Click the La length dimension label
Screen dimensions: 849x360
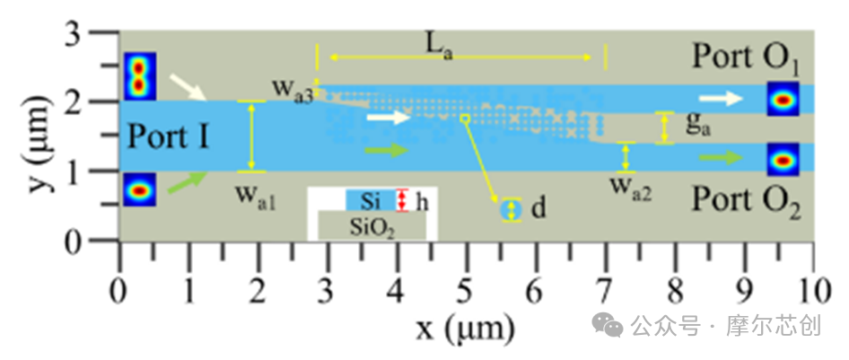439,49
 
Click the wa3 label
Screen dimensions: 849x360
293,90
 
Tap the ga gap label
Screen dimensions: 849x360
698,125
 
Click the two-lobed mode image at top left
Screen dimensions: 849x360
140,76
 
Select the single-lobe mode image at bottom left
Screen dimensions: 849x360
139,190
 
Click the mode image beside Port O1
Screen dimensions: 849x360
783,99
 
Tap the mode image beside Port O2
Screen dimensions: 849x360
783,160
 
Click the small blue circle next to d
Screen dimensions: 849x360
509,210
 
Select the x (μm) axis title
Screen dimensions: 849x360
465,328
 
